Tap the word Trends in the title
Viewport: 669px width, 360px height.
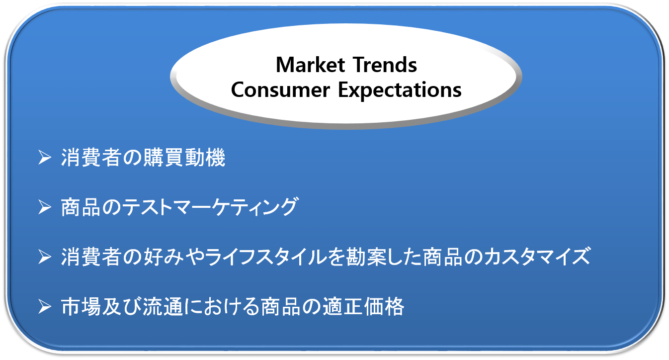[x=385, y=65]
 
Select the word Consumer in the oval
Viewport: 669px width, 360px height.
[x=280, y=90]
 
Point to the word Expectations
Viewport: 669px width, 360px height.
[x=400, y=90]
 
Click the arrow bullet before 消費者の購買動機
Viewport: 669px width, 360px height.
[x=45, y=158]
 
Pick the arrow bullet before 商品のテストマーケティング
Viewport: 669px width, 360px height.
[x=45, y=207]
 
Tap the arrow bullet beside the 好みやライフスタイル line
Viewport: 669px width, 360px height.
[x=45, y=257]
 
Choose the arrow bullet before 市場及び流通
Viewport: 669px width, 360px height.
[x=45, y=307]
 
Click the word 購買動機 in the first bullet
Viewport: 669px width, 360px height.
[x=184, y=158]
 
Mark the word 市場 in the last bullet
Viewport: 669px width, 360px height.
[x=81, y=307]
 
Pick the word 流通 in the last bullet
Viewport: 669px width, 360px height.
[x=163, y=307]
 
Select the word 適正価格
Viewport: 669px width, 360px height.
[x=363, y=307]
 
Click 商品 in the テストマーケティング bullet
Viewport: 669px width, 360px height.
[x=81, y=207]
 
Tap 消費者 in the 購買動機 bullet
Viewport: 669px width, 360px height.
[x=91, y=158]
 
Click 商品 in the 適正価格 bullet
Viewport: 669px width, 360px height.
[x=280, y=307]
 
